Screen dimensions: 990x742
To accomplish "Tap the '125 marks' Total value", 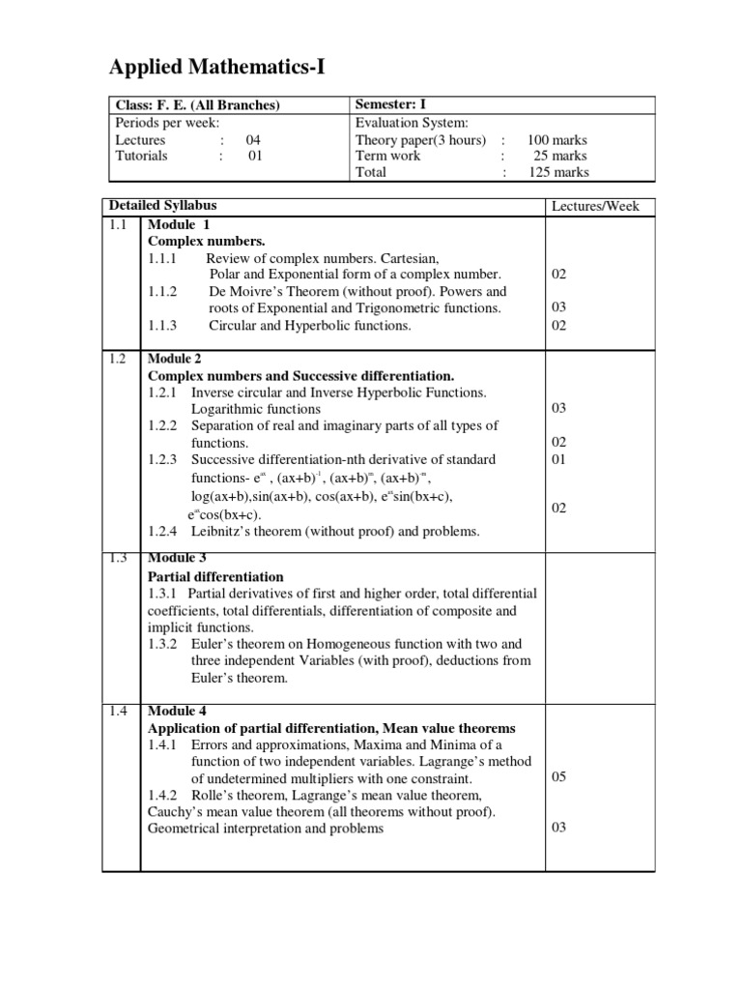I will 557,172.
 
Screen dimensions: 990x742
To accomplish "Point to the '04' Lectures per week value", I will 253,139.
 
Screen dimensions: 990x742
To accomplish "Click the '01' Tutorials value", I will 254,156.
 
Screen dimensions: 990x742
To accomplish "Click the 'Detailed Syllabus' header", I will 163,206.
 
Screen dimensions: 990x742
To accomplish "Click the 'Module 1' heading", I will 179,224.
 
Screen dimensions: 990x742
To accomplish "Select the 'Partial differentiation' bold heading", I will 215,576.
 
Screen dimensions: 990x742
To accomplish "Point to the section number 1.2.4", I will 163,531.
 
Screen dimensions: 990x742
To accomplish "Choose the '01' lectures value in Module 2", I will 559,459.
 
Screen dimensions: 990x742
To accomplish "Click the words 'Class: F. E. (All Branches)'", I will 197,105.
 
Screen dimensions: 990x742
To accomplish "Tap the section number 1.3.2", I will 163,644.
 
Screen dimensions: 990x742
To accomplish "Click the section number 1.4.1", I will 163,745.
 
